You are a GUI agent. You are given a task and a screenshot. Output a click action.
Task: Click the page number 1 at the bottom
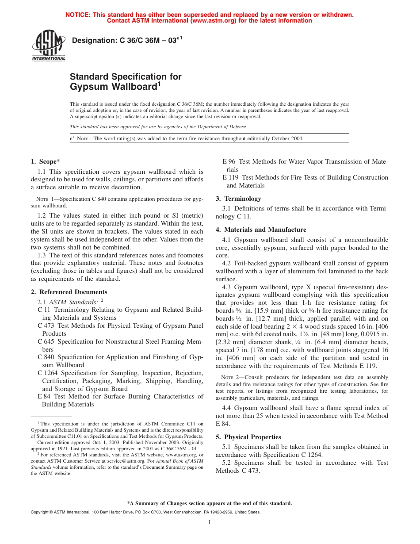pos(210,522)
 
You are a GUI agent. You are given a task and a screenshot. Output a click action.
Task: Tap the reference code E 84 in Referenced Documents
pos(45,396)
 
